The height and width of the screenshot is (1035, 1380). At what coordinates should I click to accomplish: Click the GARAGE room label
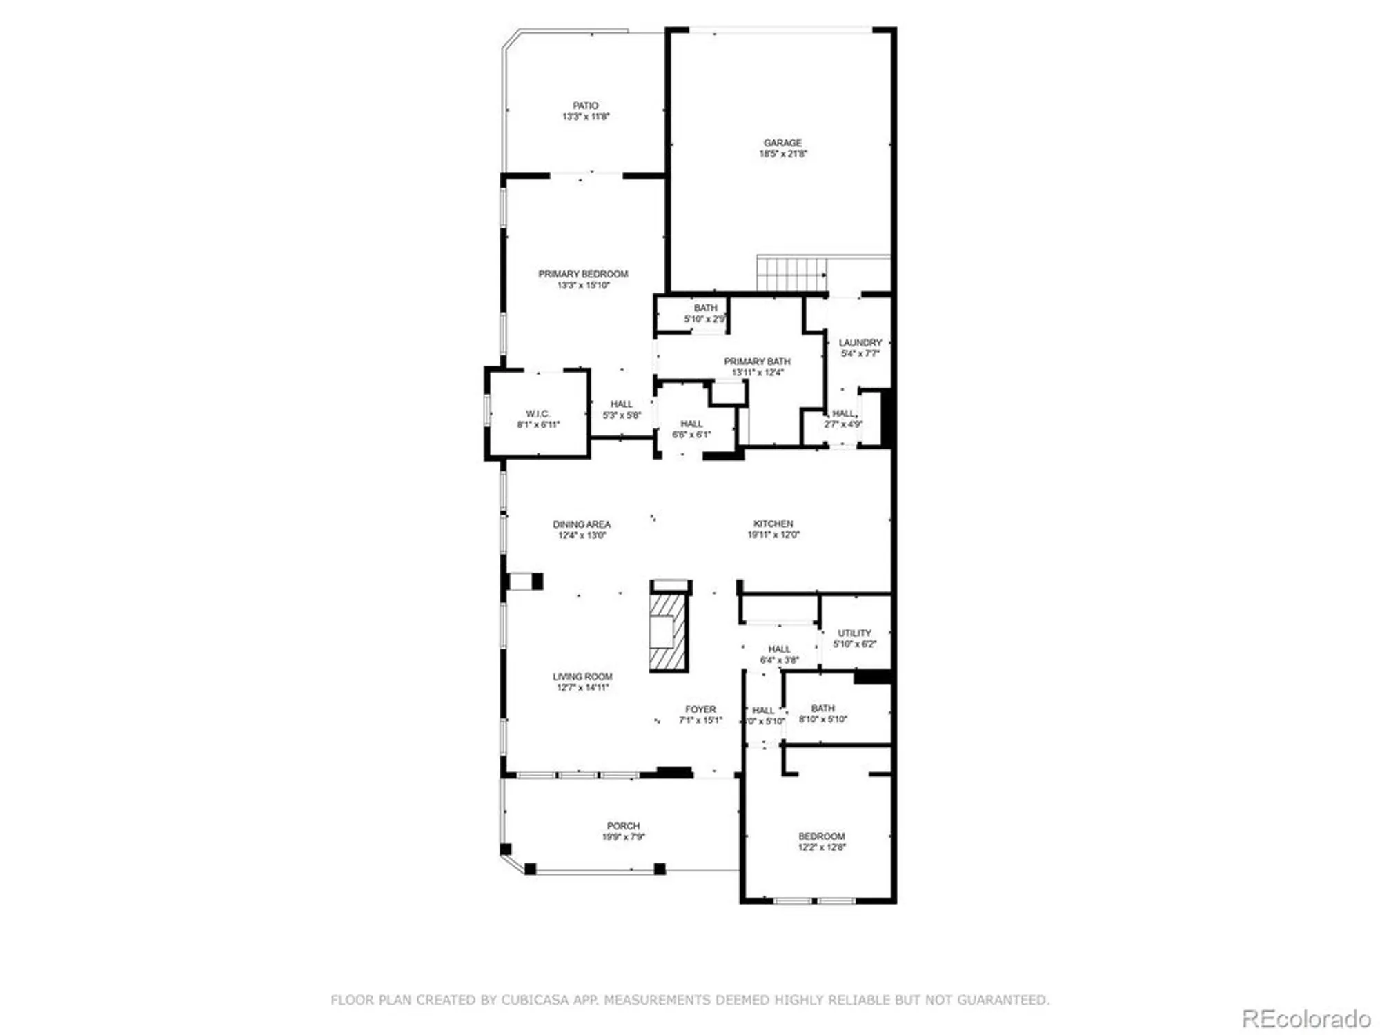click(x=782, y=143)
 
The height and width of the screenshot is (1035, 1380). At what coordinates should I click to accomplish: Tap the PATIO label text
click(x=585, y=106)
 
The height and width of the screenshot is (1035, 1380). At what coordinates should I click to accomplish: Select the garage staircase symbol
click(x=791, y=274)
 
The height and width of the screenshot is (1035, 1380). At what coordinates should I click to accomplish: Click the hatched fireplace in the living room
click(x=668, y=631)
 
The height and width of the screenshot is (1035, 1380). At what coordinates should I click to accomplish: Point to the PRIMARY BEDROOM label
click(x=583, y=274)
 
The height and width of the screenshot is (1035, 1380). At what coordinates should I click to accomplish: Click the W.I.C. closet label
click(x=538, y=413)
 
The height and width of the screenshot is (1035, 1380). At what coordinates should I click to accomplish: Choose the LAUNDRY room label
click(x=860, y=342)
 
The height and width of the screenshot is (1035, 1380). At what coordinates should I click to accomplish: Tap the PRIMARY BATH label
click(x=757, y=362)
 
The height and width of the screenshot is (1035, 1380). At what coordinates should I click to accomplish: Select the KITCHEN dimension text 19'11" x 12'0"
click(x=773, y=535)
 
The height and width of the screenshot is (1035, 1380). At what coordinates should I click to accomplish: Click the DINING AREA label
click(x=581, y=524)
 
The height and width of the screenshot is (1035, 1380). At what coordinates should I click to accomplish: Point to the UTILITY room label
click(x=854, y=633)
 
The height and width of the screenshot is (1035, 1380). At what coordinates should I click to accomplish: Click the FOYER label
click(x=700, y=709)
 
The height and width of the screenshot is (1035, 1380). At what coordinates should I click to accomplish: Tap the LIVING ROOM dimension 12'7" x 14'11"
click(x=582, y=687)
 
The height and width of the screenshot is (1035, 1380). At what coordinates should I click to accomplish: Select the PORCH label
click(x=623, y=826)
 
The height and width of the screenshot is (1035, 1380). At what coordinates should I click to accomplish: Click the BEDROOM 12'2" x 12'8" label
click(x=821, y=836)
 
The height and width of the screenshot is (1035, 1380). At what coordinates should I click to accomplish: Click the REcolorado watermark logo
click(x=1305, y=1018)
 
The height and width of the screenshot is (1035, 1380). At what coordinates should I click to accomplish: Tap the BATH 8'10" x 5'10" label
click(x=822, y=709)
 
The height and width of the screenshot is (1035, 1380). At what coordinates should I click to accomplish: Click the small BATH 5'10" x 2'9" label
click(x=705, y=308)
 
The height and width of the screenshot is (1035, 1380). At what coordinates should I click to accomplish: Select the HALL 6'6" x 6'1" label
click(x=691, y=424)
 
